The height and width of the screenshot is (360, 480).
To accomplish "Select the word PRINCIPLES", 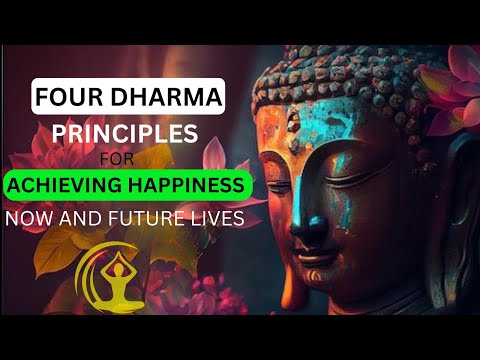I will [x=155, y=133].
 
